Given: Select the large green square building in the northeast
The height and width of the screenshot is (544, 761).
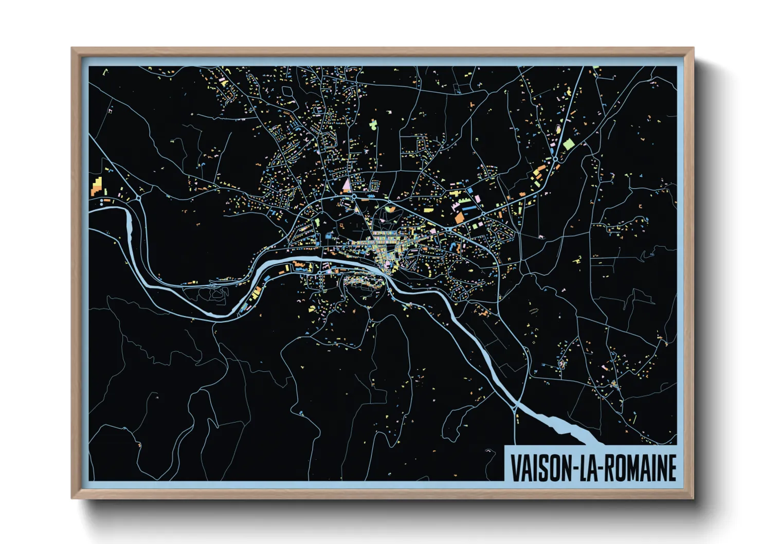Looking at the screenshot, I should [x=568, y=144].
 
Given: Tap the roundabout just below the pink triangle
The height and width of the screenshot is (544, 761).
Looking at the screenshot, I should [x=354, y=196].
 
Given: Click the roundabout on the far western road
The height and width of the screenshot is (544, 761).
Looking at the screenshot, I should [x=139, y=197].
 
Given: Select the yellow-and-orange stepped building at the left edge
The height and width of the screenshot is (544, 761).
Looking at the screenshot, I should [x=96, y=186].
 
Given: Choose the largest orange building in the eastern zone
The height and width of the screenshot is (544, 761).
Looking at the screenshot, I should [x=459, y=218].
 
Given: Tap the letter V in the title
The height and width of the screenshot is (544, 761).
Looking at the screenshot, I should [x=515, y=468].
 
